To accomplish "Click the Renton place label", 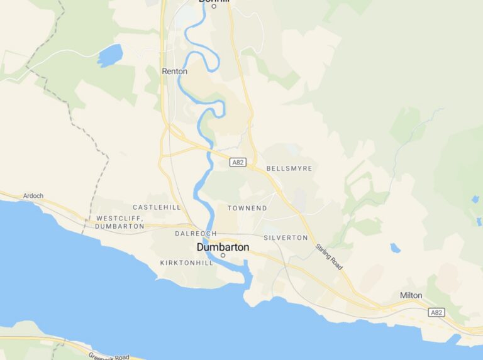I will pos(174,72).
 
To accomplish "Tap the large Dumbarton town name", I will pos(223,247).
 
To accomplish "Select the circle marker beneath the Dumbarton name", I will pos(223,255).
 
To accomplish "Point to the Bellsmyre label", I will pos(289,168).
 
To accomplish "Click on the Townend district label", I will pos(247,208).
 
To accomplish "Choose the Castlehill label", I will pos(157,207).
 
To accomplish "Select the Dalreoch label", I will pos(196,234).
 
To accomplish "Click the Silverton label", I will pos(286,237).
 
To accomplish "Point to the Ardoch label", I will pos(33,195).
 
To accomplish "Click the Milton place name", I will pos(411,295).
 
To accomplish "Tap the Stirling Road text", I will pos(329,258).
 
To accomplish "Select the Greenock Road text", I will pos(109,356).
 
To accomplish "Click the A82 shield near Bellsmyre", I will pos(237,162).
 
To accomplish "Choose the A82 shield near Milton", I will pos(436,312).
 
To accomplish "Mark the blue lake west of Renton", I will pos(110,55).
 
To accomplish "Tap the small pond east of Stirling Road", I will pos(395,248).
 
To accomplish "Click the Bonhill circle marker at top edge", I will pos(214,6).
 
